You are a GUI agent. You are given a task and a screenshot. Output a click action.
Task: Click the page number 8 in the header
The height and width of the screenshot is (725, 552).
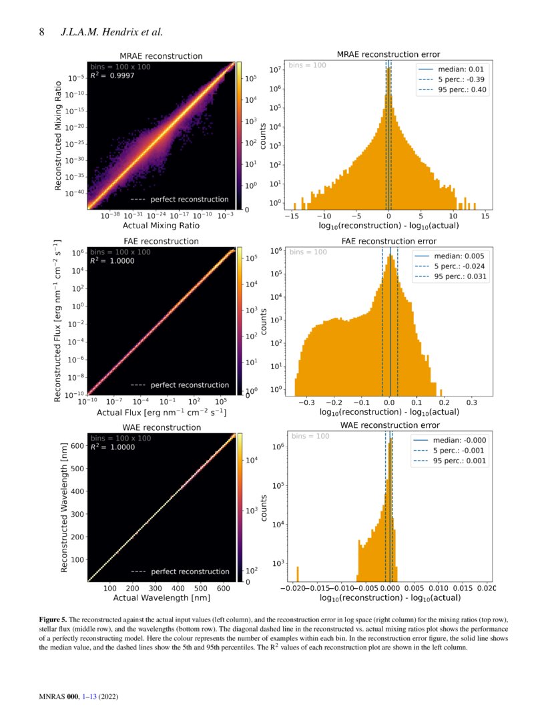(x=41, y=31)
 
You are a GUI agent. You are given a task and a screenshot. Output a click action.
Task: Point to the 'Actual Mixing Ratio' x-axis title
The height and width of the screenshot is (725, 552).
(x=161, y=226)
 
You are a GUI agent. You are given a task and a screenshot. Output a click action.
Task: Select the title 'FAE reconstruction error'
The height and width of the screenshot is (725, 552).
(x=389, y=241)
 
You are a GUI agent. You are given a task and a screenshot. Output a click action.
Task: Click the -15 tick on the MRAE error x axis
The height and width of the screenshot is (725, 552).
(x=291, y=217)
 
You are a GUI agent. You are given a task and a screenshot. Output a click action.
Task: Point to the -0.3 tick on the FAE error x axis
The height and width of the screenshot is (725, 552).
(x=306, y=403)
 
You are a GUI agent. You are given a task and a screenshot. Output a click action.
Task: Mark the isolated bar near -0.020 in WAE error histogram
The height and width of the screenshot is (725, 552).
(x=297, y=573)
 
